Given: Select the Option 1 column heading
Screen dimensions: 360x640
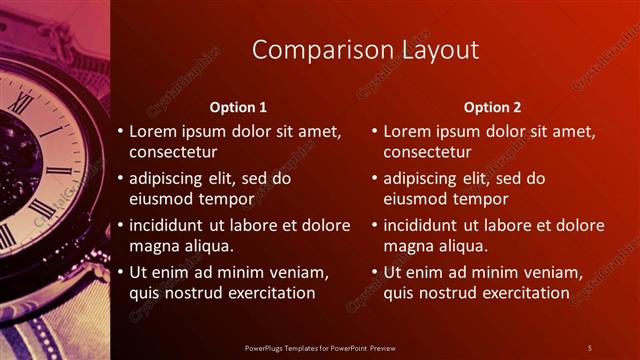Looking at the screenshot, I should [x=238, y=107].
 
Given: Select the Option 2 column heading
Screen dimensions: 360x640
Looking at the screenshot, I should [x=493, y=107].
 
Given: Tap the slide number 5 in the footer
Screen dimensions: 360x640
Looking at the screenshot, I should [x=589, y=348].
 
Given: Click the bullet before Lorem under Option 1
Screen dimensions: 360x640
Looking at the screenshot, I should [x=120, y=132].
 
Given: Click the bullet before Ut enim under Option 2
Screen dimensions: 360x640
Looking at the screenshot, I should [x=374, y=272].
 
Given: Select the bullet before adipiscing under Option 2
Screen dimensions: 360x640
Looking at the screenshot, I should [x=374, y=179].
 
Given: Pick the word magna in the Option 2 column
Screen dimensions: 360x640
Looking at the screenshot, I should [x=414, y=246].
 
